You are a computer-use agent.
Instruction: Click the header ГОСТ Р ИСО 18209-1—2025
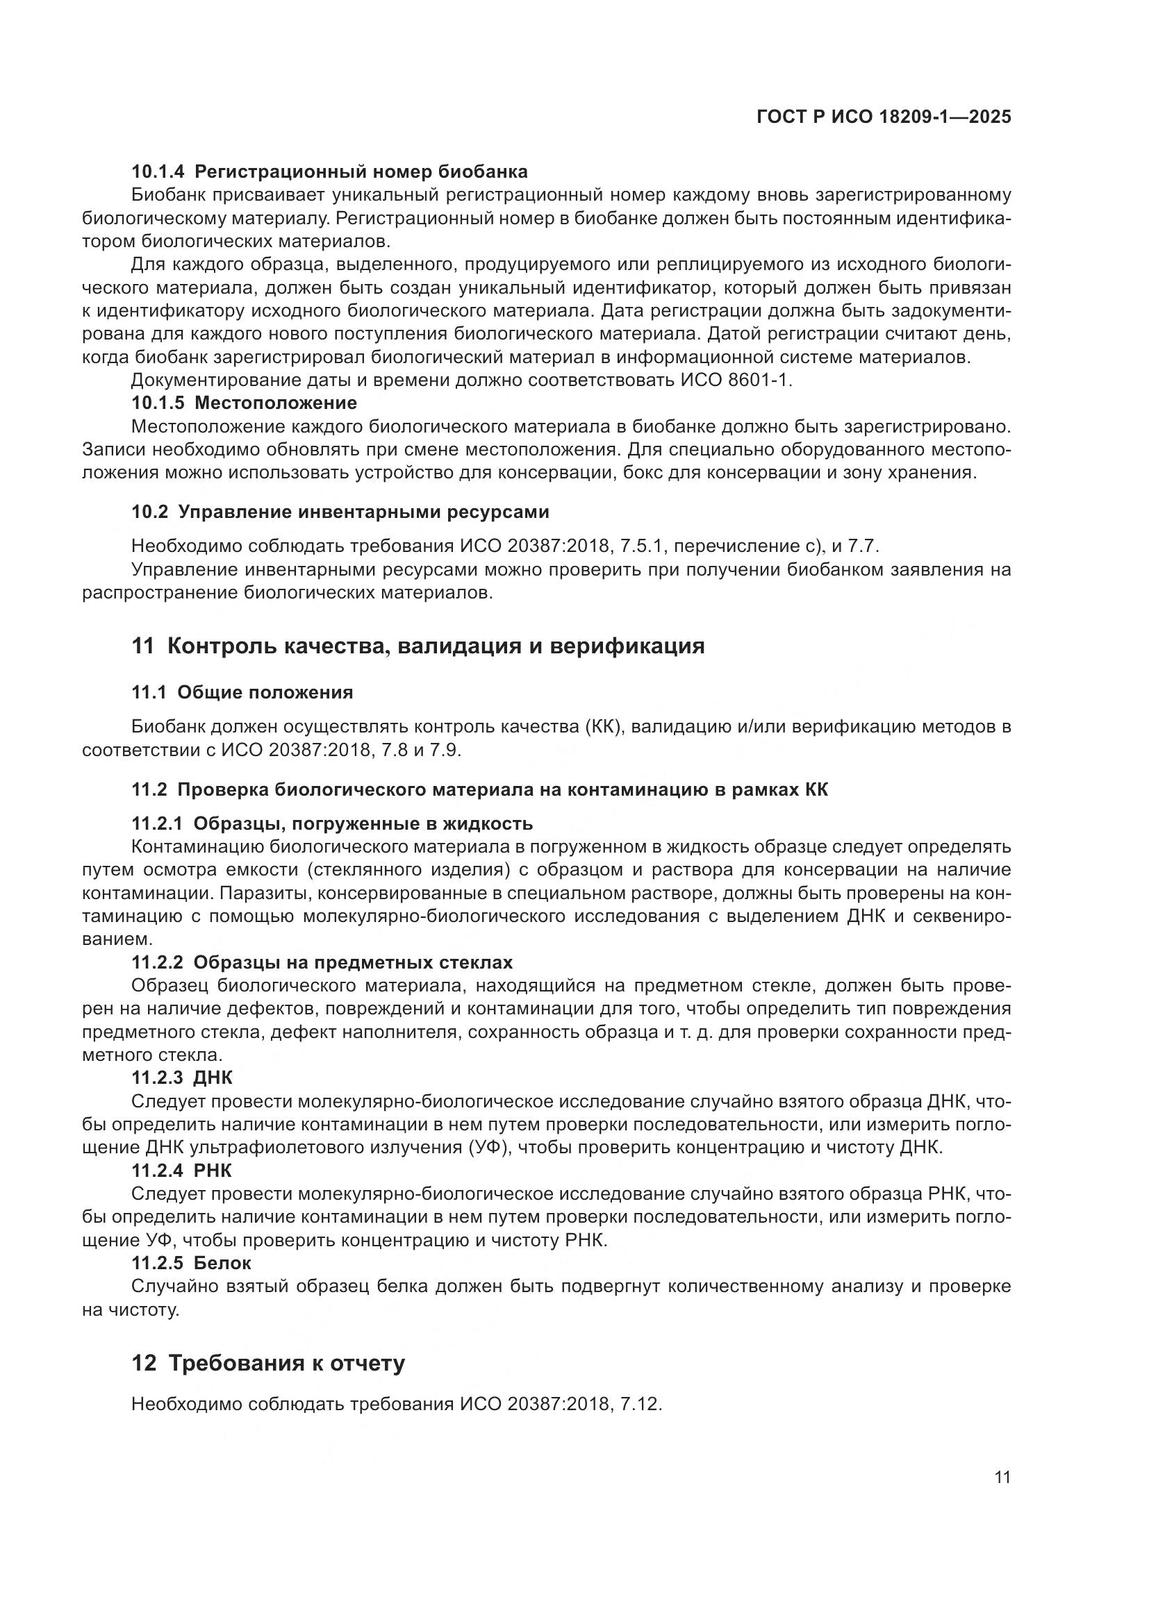tap(884, 117)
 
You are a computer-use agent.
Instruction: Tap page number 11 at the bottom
tap(1002, 1477)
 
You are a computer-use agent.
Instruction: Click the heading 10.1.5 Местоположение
tap(244, 403)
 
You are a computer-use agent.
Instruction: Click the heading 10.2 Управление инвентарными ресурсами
tap(340, 512)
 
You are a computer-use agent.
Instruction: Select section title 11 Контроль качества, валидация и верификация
tap(418, 646)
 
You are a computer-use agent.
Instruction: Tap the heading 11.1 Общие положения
tap(242, 692)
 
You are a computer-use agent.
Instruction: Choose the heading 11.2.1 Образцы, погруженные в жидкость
tap(332, 823)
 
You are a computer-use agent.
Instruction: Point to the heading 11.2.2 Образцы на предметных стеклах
tap(322, 962)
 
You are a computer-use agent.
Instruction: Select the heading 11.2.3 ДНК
tap(182, 1078)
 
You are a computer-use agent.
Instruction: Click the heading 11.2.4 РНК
tap(181, 1170)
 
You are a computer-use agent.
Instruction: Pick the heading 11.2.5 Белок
tap(191, 1262)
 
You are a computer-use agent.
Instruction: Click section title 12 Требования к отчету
tap(268, 1363)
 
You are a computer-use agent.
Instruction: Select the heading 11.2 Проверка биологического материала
tap(479, 789)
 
